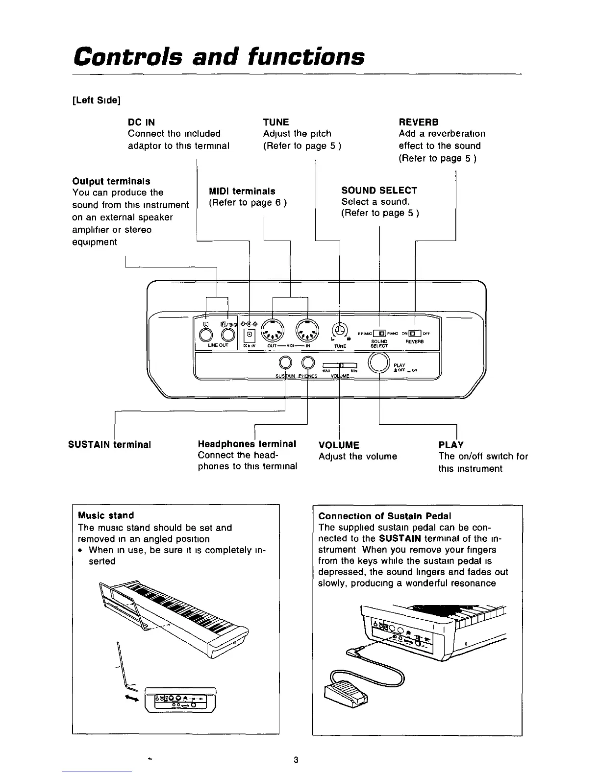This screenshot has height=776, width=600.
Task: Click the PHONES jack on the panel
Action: [x=307, y=363]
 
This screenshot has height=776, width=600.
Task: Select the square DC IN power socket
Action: [x=250, y=335]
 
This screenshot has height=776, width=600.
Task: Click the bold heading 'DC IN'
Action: [x=141, y=122]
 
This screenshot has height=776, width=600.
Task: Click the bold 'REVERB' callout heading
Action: [x=419, y=122]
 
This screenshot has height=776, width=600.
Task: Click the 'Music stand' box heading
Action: [x=106, y=515]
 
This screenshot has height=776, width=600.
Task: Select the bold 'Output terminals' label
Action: [x=111, y=181]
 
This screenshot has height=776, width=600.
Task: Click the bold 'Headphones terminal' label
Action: [x=247, y=444]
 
